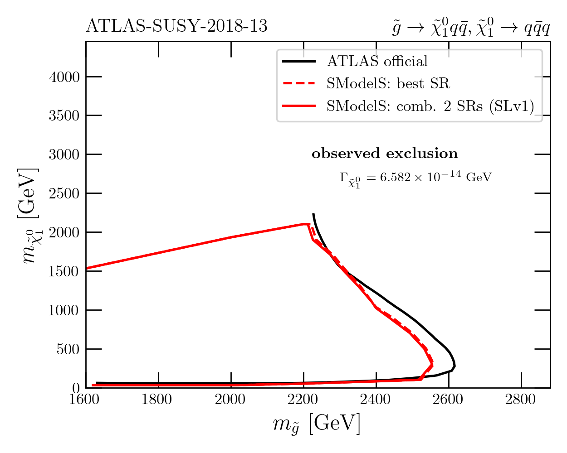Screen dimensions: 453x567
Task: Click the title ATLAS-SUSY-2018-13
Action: tap(176, 27)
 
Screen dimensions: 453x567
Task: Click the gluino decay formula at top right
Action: tap(471, 28)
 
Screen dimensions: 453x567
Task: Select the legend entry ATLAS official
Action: tap(377, 61)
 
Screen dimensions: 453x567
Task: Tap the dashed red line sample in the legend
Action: tap(298, 83)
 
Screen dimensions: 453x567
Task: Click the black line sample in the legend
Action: tap(298, 61)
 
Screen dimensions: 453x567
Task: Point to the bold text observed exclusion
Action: tap(385, 154)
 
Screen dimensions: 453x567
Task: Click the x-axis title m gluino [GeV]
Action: tap(317, 424)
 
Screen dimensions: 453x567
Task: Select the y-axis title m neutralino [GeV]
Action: tap(29, 216)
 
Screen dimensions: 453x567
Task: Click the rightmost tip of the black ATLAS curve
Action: tap(455, 365)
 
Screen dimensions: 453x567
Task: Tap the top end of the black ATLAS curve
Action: tap(313, 214)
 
